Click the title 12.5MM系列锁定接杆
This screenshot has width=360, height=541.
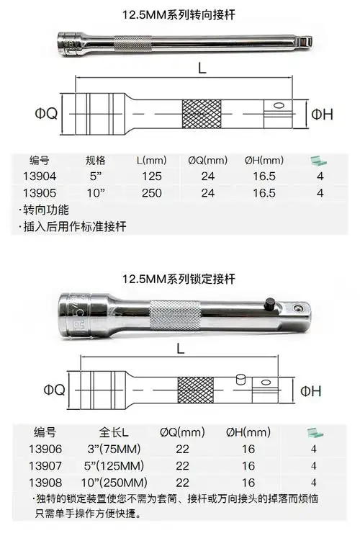pos(180,278)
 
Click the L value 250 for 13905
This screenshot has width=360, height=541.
pos(152,192)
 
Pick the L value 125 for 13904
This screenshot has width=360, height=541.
pos(152,174)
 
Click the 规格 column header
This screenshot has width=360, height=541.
pos(96,159)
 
